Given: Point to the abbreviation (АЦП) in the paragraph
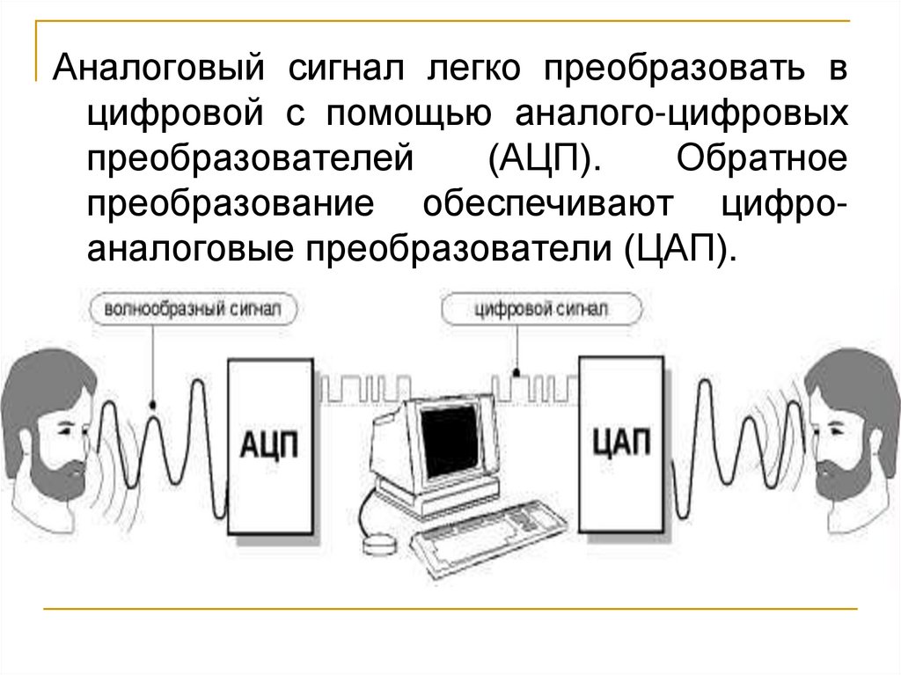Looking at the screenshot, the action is pyautogui.click(x=539, y=160).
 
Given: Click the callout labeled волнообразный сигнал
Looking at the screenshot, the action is pyautogui.click(x=193, y=310).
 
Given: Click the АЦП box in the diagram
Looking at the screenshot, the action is pyautogui.click(x=268, y=444).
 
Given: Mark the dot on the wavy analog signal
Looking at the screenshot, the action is pyautogui.click(x=152, y=406).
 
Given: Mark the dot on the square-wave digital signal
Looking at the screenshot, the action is pyautogui.click(x=517, y=370).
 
